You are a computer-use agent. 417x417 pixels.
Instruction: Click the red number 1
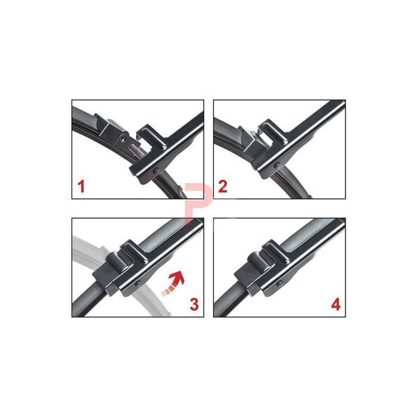tap(82, 186)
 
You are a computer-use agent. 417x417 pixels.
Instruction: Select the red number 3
tap(194, 304)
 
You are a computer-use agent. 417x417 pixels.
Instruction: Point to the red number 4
tap(336, 304)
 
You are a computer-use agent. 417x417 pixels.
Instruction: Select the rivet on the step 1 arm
tap(156, 170)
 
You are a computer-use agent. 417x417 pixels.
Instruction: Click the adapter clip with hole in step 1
tap(116, 131)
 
